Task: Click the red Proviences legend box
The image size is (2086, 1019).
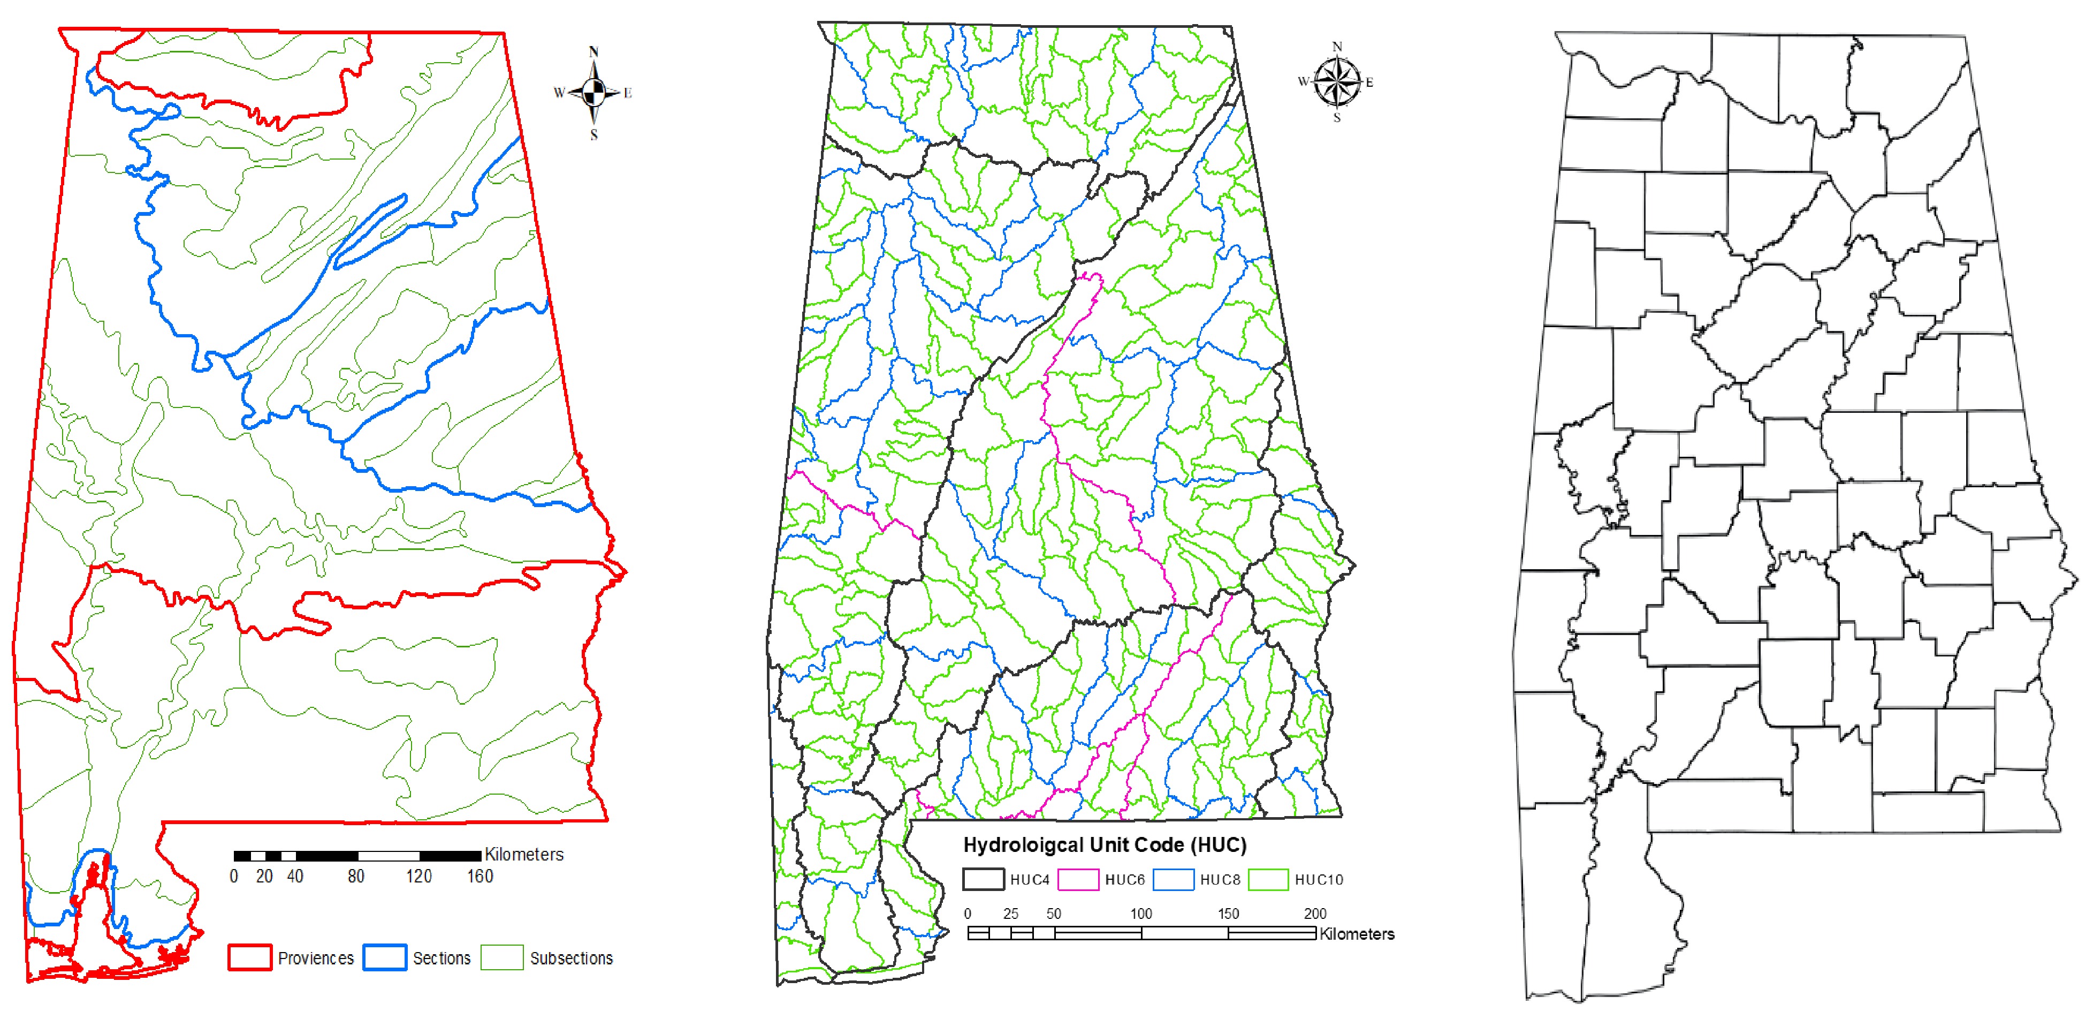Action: tap(249, 957)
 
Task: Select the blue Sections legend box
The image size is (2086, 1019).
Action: tap(385, 957)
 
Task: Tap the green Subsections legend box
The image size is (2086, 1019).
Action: tap(502, 957)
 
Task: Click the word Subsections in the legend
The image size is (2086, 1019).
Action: tap(571, 958)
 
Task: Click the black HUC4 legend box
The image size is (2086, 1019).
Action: tap(983, 879)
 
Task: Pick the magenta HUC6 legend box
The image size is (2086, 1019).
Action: tap(1078, 879)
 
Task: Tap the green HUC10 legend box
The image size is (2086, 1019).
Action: tap(1268, 879)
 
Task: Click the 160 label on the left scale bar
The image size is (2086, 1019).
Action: tap(479, 875)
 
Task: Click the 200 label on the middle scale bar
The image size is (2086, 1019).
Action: tap(1315, 913)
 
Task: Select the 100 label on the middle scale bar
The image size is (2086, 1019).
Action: tap(1141, 913)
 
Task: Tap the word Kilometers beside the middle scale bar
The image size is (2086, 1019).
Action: tap(1357, 934)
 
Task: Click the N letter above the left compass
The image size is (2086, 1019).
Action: tap(593, 52)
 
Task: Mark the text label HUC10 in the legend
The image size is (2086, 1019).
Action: tap(1318, 880)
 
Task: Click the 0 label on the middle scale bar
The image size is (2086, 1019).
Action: tap(968, 913)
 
